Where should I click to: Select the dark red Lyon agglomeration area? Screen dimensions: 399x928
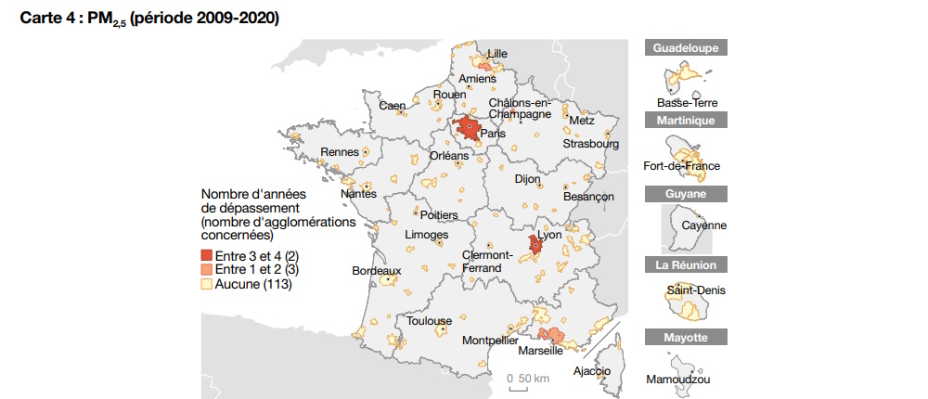(x=535, y=246)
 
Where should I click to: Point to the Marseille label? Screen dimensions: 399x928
(x=540, y=351)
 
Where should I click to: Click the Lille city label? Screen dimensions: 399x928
(x=497, y=53)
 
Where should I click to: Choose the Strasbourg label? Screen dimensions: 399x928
(x=590, y=144)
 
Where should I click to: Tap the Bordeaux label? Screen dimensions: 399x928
(x=376, y=271)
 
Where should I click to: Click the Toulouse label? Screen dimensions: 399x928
(x=429, y=321)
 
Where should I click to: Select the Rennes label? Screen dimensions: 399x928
(x=340, y=152)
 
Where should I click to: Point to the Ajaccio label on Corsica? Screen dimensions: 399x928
(x=592, y=371)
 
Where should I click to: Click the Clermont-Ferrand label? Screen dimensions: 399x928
(x=486, y=262)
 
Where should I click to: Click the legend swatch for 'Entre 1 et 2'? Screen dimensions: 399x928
(x=207, y=269)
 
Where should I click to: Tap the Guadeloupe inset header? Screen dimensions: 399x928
(x=686, y=48)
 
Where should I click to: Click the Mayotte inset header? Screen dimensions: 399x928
(x=686, y=338)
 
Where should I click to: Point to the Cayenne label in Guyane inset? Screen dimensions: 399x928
(x=703, y=225)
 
